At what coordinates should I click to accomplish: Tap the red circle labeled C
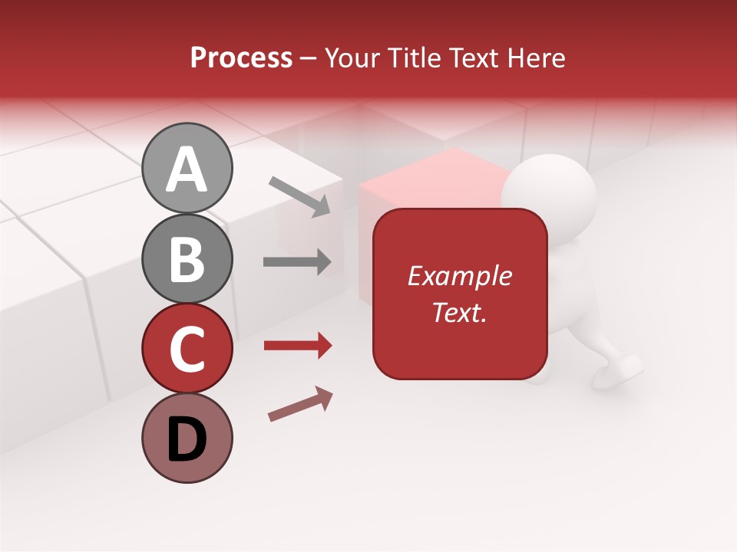point(187,350)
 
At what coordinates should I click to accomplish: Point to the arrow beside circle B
point(297,262)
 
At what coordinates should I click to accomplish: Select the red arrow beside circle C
point(297,346)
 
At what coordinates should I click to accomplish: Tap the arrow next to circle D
point(300,404)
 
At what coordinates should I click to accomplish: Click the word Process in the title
point(241,58)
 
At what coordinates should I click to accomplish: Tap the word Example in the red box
point(459,276)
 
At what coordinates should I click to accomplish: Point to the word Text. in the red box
point(459,312)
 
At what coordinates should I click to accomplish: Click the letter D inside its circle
point(187,440)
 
